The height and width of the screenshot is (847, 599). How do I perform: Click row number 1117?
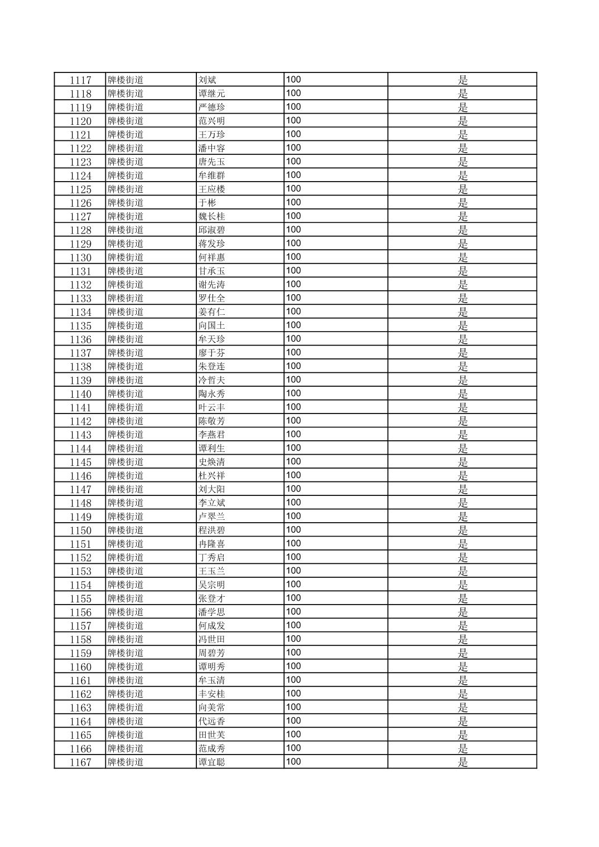pos(80,80)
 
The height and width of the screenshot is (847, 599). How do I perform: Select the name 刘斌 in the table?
pos(207,80)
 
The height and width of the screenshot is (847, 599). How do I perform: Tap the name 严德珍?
pos(211,108)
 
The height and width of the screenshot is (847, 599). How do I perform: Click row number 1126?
pos(80,203)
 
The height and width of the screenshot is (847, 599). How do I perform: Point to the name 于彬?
pos(207,203)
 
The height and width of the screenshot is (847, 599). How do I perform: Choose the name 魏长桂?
pos(211,217)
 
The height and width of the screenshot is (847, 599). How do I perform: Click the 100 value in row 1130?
pos(293,257)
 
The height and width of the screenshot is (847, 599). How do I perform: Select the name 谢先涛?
pos(211,285)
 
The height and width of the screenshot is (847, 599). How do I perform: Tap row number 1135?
pos(80,326)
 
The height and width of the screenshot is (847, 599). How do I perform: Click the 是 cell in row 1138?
pos(462,367)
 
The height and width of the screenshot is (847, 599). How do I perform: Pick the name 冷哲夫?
pos(211,381)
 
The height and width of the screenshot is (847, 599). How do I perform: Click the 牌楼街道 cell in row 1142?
pos(125,421)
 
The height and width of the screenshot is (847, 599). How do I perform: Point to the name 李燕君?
pos(211,435)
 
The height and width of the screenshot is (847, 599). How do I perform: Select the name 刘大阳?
pos(211,490)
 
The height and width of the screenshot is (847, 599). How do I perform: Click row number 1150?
pos(80,530)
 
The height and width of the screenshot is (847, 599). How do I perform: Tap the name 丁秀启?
pos(211,558)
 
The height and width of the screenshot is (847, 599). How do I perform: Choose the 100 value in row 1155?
pos(293,598)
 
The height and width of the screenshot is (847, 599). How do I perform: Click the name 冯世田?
pos(211,640)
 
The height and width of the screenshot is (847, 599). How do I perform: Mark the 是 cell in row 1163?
pos(462,708)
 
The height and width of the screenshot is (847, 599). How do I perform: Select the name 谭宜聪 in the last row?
pos(211,762)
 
